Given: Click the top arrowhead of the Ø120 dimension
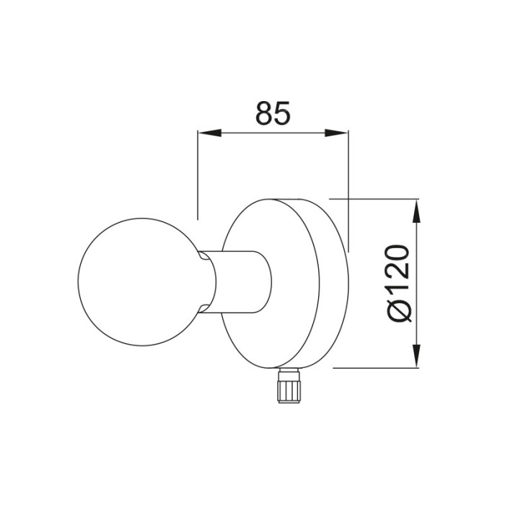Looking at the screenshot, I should (416, 209).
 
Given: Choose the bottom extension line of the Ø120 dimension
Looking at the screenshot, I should (375, 368).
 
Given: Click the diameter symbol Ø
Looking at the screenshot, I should (398, 309).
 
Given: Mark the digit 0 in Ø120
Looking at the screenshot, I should (398, 255).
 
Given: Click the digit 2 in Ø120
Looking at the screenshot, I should (398, 273).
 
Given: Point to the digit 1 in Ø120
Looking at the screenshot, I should (398, 290).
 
